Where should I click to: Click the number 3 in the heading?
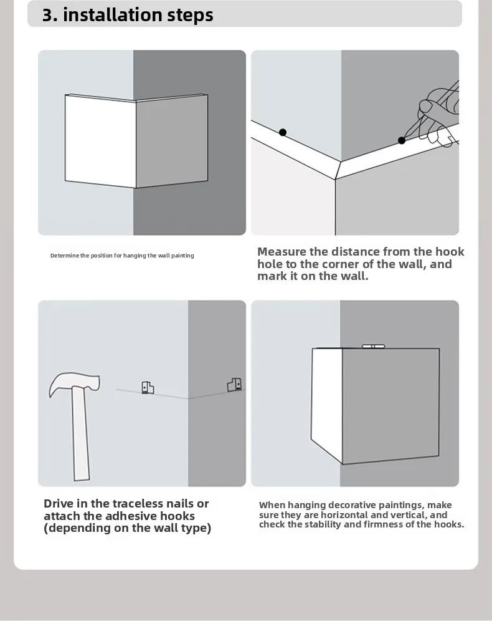coord(47,15)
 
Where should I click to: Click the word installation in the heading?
coord(112,15)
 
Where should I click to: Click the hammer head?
coord(74,383)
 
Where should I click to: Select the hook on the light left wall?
coord(148,388)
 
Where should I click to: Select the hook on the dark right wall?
coord(234,385)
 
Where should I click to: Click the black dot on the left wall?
coord(282,132)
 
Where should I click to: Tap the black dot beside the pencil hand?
coord(402,140)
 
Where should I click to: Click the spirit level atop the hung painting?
coord(373,347)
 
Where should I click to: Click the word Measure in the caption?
coord(281,252)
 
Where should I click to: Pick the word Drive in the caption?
coord(59,504)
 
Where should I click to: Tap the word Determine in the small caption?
coord(65,256)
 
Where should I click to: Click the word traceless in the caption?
coord(138,504)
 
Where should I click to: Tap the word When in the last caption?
coord(272,505)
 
